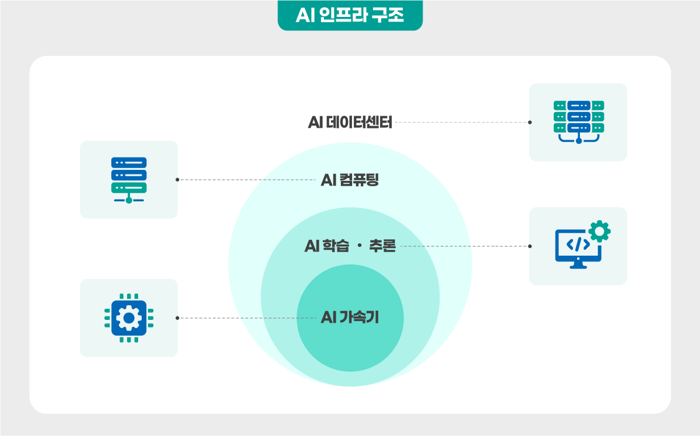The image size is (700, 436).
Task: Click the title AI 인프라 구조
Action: [350, 15]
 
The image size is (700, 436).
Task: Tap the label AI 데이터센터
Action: [350, 122]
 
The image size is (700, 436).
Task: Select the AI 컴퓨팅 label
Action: [350, 180]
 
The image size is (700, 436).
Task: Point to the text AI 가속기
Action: [350, 318]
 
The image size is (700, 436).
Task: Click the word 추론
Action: [382, 246]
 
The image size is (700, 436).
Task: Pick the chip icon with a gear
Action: [129, 318]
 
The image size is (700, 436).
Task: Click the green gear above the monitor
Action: [599, 231]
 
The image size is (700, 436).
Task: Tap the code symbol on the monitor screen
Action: [578, 245]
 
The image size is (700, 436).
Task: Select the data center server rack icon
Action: [579, 122]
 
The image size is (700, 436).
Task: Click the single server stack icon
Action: [129, 180]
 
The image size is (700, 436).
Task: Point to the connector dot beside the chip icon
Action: [177, 318]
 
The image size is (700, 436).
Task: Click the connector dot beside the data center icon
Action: [530, 123]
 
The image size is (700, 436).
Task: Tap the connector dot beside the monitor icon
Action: [530, 246]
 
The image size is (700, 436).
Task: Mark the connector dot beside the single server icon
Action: [177, 180]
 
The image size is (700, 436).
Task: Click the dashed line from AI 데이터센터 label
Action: [462, 123]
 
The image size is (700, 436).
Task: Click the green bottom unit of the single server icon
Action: [129, 188]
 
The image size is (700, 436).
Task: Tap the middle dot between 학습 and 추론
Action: [360, 245]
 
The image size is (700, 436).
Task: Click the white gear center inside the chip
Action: [129, 318]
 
